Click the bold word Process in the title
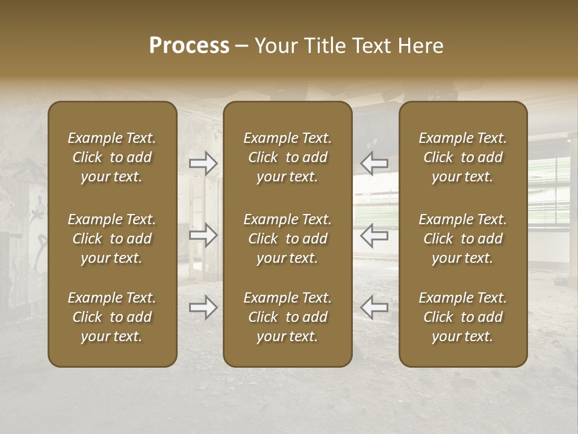coord(189,46)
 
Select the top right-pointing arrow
coord(204,163)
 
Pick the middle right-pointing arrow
coord(204,234)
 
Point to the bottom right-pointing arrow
coord(204,307)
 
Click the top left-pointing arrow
coord(374,163)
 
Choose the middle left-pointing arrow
coord(374,234)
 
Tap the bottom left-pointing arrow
coord(374,307)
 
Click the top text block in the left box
coord(112,157)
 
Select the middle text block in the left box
coord(112,239)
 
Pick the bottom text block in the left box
coord(112,317)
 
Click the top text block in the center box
coord(288,157)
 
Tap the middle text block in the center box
coord(288,239)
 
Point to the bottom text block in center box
coord(288,317)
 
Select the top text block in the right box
coord(463,157)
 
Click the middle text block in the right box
coord(463,239)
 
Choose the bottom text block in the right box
coord(463,317)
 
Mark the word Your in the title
coord(275,46)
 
